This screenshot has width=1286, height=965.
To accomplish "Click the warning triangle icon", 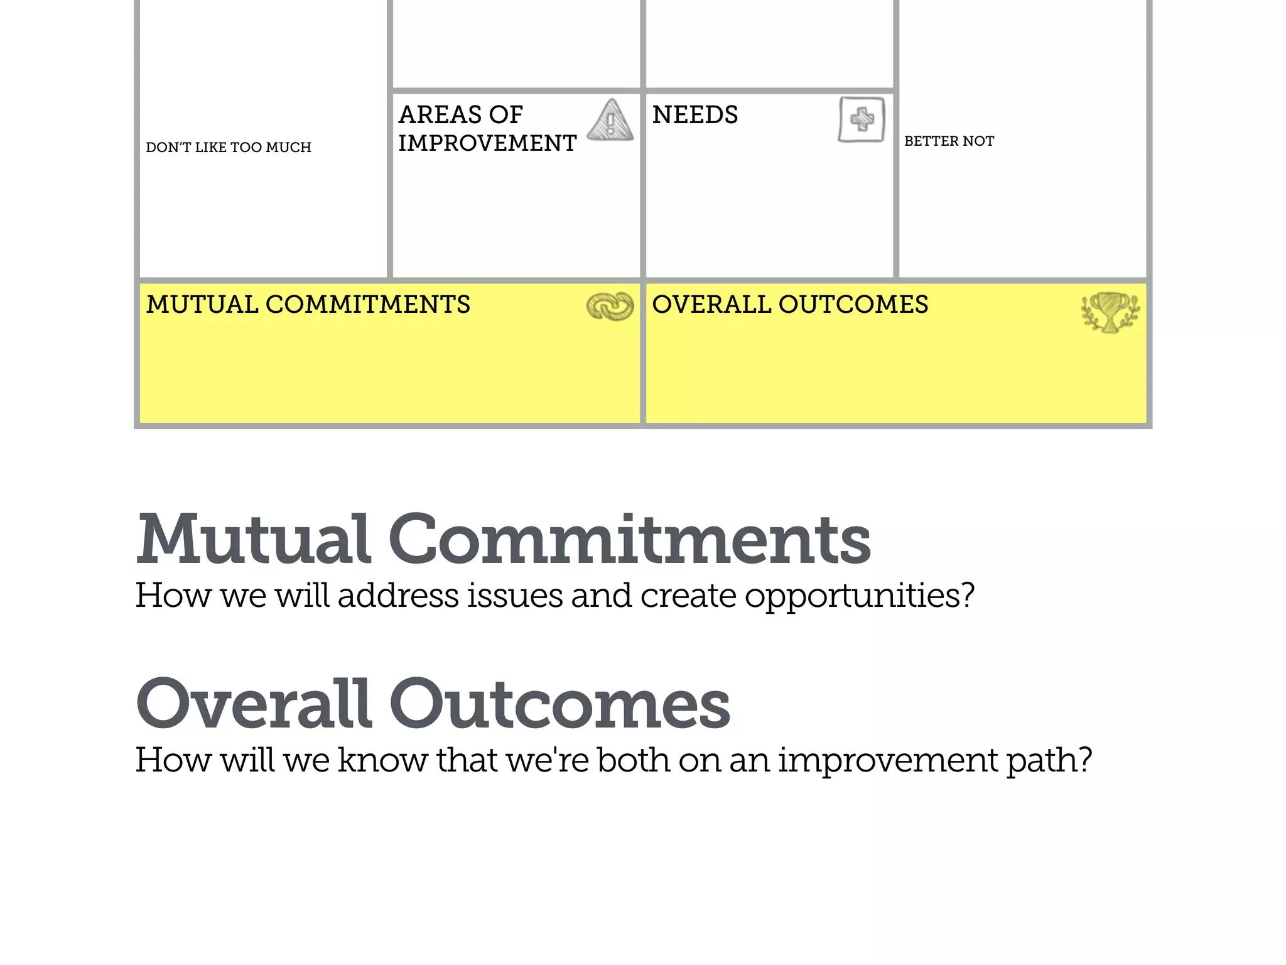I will tap(610, 120).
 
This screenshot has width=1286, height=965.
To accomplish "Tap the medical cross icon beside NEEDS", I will tap(862, 119).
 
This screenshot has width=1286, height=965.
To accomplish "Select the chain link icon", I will tap(610, 307).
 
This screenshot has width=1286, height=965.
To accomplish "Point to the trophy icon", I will tap(1110, 311).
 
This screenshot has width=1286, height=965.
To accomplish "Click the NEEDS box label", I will tap(695, 115).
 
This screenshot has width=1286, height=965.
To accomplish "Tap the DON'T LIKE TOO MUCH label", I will tap(229, 148).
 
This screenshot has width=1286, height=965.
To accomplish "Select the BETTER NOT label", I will tap(949, 141).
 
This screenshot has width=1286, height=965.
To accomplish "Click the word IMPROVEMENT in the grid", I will tap(487, 143).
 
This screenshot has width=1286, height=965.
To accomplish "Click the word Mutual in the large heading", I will tap(253, 539).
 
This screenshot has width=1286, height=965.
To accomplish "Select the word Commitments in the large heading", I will tap(630, 539).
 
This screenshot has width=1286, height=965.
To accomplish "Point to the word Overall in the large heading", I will tap(253, 704).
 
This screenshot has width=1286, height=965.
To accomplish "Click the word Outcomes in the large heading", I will tap(559, 704).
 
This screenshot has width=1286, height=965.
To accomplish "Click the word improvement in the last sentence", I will tap(888, 760).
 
